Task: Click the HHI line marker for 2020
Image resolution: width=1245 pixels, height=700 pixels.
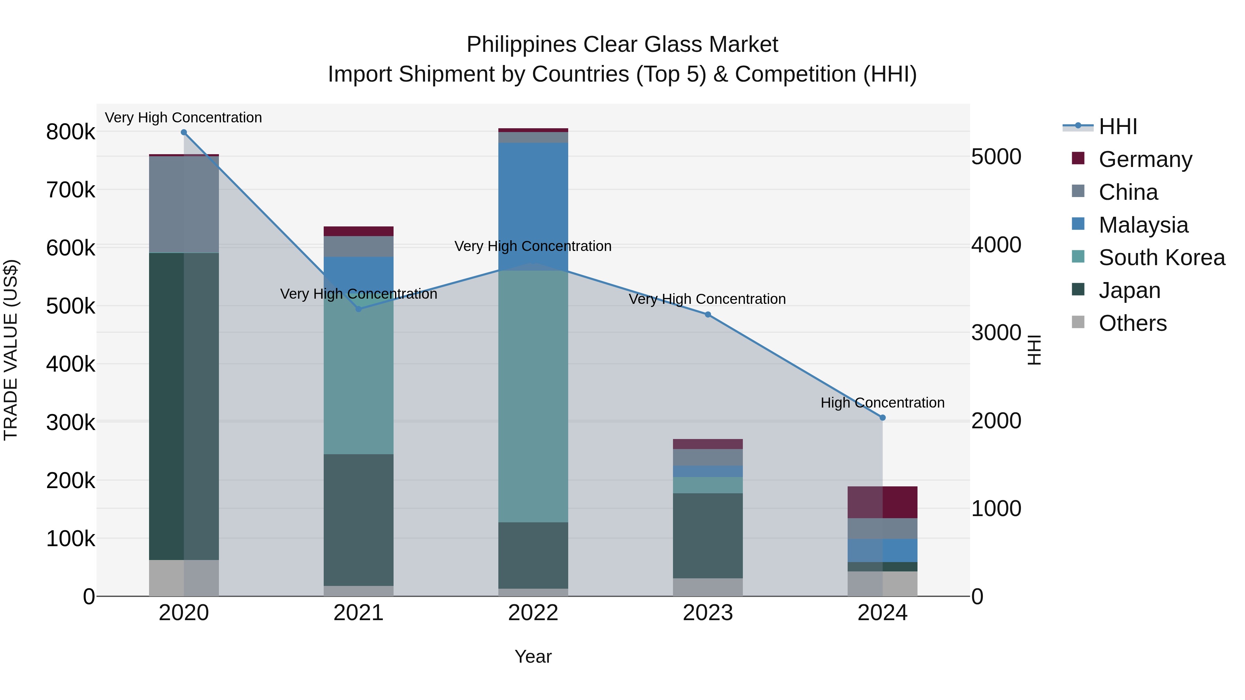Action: (184, 132)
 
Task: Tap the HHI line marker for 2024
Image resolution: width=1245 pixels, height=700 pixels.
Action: (883, 417)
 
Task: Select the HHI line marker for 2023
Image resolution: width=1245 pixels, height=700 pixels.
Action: (708, 315)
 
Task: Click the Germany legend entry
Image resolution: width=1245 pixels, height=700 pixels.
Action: (1145, 159)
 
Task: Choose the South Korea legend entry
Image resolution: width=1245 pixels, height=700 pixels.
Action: (1161, 258)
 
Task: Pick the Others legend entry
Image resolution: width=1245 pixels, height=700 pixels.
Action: (1132, 323)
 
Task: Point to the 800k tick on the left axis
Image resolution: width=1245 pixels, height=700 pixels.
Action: (71, 132)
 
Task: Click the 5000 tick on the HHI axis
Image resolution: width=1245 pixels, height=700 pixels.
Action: (996, 157)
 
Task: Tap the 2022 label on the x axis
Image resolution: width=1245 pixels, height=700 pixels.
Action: (533, 613)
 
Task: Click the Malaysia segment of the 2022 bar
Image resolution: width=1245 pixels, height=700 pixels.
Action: (533, 206)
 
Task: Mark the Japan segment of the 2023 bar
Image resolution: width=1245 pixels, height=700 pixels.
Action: (708, 535)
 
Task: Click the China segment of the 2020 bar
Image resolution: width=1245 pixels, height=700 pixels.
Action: (184, 204)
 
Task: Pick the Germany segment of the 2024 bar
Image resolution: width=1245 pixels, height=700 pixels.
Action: (883, 502)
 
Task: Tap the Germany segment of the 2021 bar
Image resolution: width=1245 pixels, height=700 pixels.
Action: (359, 231)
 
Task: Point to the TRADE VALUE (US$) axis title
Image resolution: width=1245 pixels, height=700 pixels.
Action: (11, 350)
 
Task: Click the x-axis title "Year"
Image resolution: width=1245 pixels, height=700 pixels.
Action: (533, 656)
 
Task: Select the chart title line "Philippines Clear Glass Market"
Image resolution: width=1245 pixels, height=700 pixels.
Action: (622, 45)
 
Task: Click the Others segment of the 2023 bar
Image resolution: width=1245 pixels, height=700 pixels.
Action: (708, 587)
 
